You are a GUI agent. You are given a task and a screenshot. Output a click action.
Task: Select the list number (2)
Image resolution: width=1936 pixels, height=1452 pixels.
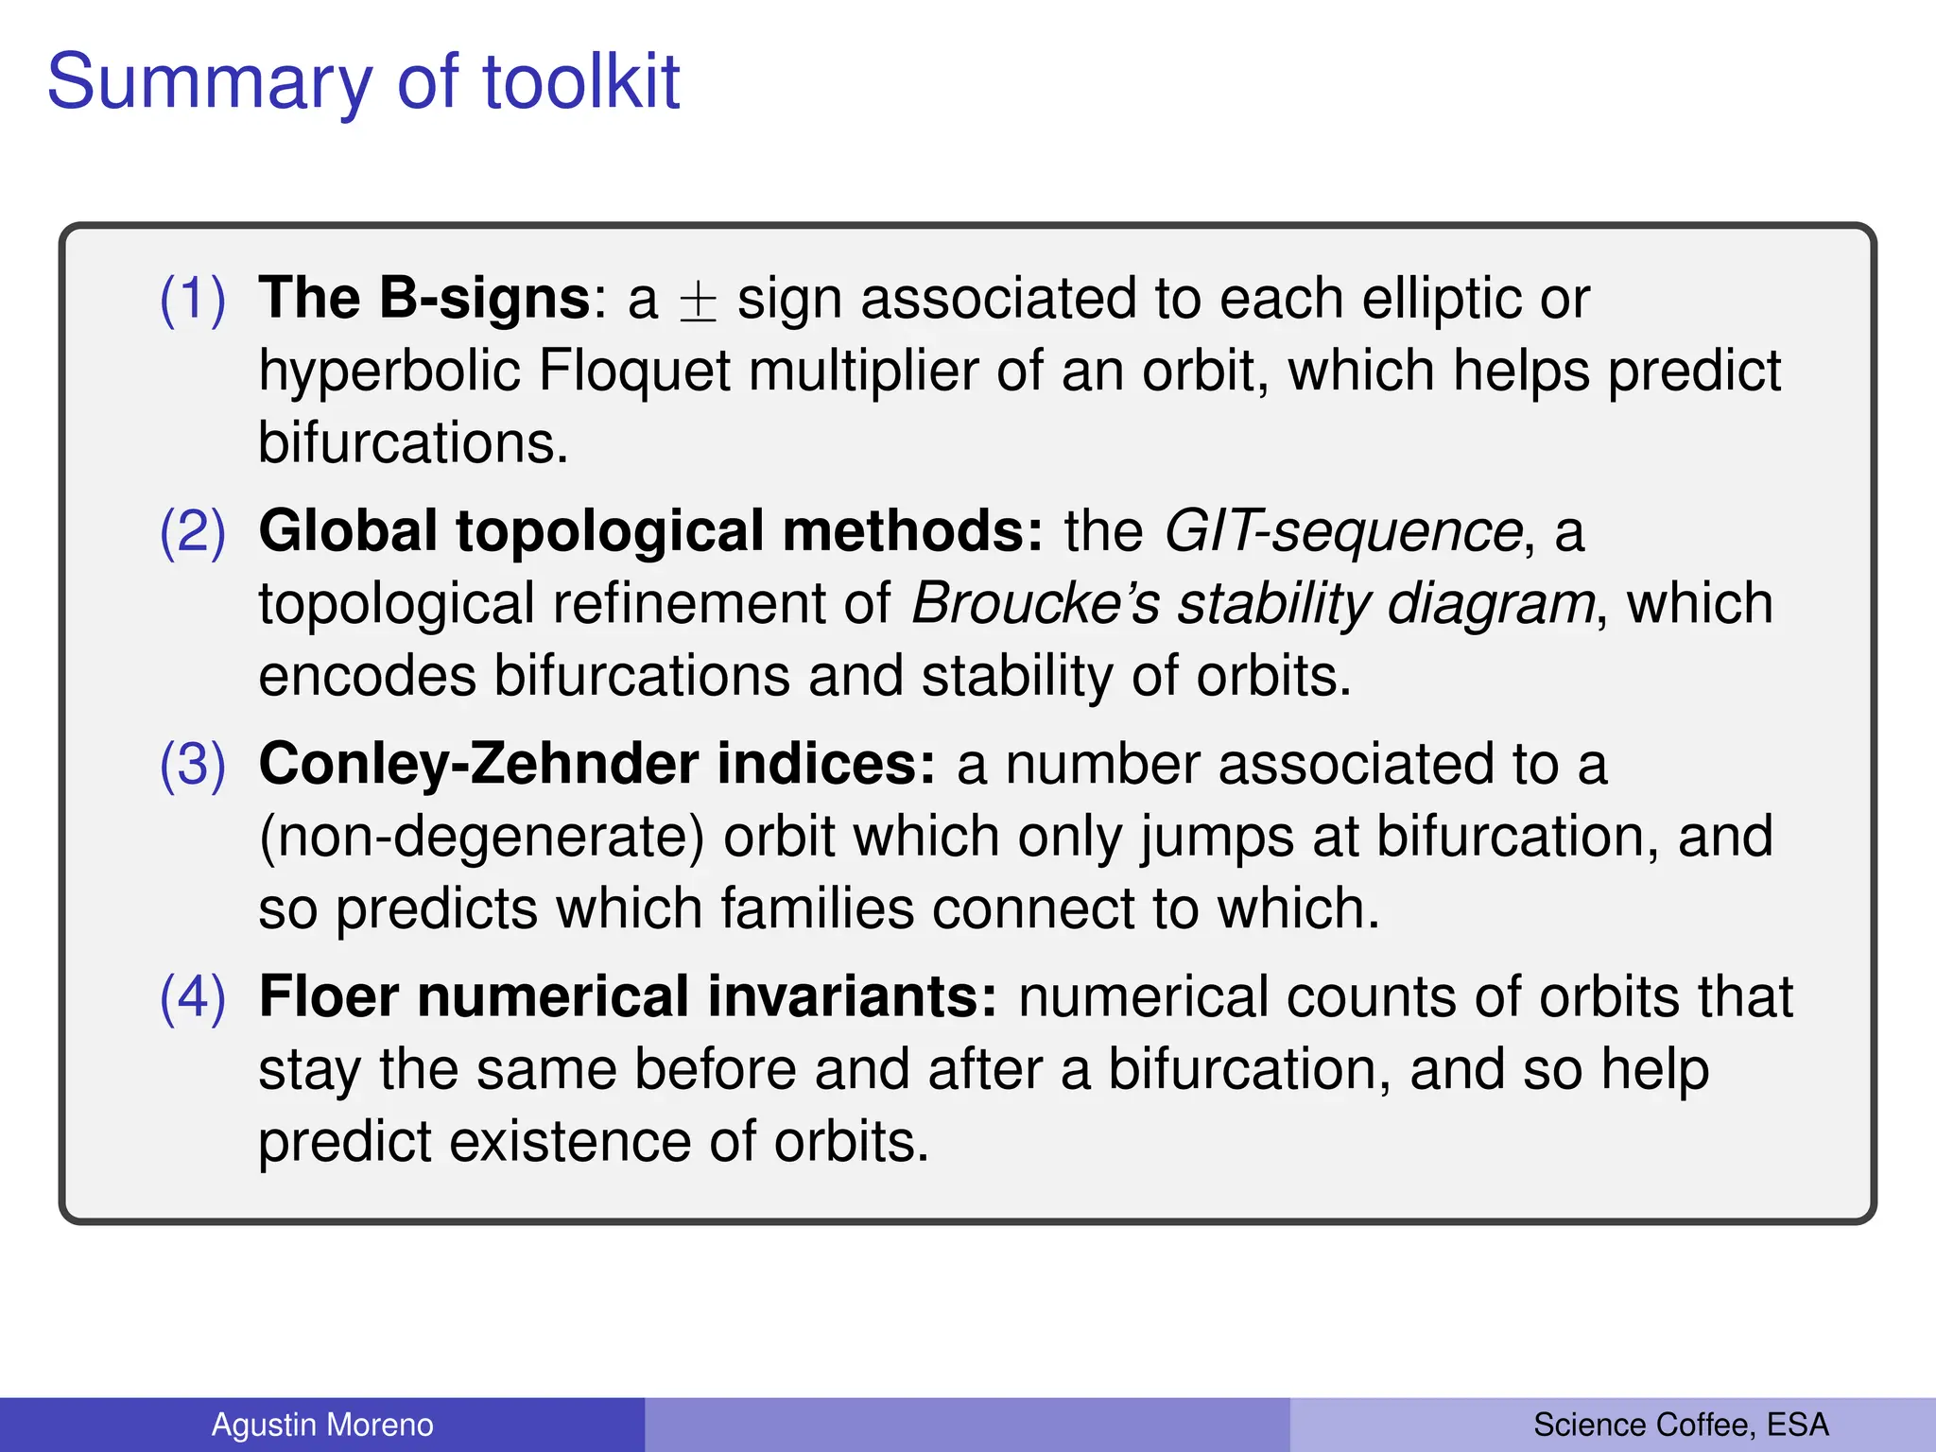pos(192,531)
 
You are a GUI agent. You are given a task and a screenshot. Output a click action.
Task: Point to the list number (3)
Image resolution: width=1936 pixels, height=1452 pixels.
pos(192,764)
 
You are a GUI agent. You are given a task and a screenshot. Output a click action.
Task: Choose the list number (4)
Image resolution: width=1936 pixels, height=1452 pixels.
pos(192,996)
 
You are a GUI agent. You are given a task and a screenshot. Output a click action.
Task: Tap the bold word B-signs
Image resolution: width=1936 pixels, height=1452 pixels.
pos(485,299)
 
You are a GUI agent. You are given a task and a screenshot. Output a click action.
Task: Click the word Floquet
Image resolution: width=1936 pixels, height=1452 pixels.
pos(634,371)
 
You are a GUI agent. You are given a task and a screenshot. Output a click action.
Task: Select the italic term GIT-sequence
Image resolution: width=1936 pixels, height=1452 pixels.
pos(1342,531)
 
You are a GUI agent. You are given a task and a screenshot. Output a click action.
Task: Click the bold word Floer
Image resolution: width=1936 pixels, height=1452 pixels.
pos(329,996)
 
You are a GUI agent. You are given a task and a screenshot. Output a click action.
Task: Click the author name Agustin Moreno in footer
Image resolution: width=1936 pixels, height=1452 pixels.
pos(322,1425)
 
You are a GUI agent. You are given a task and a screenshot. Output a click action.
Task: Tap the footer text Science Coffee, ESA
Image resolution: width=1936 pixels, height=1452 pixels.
pos(1680,1425)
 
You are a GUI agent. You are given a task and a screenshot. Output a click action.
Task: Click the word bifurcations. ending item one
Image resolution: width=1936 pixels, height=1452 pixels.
pos(413,442)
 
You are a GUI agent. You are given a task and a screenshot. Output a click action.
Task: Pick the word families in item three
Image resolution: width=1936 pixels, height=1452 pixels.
pos(816,908)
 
